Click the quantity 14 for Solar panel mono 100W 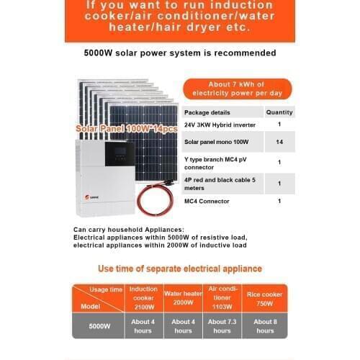click(x=279, y=143)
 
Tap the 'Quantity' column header click(x=279, y=112)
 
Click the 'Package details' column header click(x=207, y=112)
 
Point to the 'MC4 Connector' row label click(x=207, y=202)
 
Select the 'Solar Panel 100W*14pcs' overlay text click(x=126, y=128)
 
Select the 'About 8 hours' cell click(x=264, y=325)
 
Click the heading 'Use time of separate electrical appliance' click(x=179, y=269)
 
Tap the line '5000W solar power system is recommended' click(x=179, y=53)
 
